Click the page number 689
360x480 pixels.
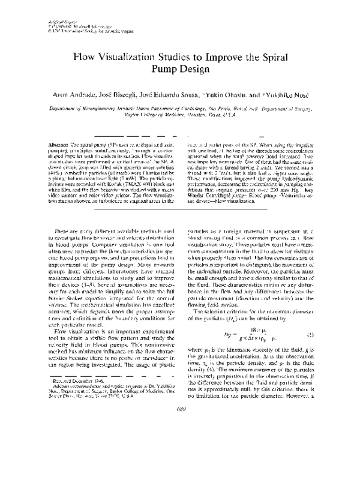[x=180, y=458]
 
